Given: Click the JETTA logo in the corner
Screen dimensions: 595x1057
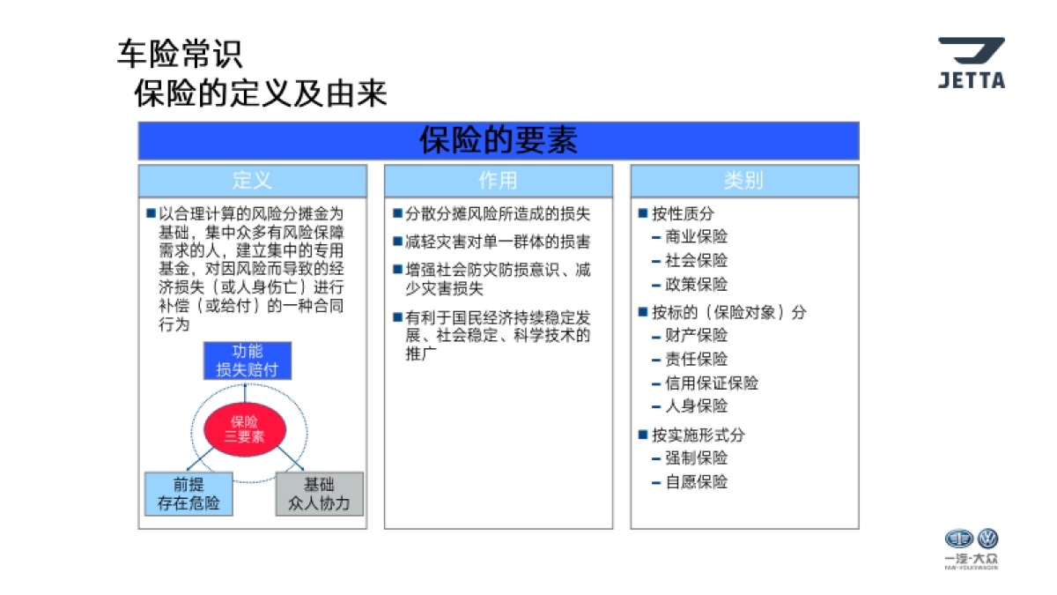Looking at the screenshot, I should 971,63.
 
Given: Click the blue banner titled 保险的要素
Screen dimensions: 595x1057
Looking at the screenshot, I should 498,141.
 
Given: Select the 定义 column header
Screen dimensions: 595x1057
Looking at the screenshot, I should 252,181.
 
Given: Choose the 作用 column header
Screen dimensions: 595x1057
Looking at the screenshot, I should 498,181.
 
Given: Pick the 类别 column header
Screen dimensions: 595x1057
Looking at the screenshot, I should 743,181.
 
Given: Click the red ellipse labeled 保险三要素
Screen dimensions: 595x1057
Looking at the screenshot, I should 245,428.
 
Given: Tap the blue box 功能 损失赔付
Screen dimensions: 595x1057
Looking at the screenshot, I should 247,361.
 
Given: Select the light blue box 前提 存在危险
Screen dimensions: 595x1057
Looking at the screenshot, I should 188,494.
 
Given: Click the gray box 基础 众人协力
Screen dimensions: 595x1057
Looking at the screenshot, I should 319,494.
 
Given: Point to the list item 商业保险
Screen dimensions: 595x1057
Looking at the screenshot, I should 697,237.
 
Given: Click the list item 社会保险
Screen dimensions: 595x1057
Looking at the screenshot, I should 697,261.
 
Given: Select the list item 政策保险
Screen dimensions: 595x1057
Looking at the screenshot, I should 697,285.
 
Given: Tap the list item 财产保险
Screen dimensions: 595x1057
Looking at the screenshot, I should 697,336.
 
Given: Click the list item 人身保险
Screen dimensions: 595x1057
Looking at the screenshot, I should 697,406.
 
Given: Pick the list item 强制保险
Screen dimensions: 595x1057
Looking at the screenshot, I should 697,458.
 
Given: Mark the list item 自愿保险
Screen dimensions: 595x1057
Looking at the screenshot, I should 697,482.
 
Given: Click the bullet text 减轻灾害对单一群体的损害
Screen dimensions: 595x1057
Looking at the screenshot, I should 498,242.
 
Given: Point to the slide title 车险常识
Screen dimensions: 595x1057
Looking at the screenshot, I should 179,55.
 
